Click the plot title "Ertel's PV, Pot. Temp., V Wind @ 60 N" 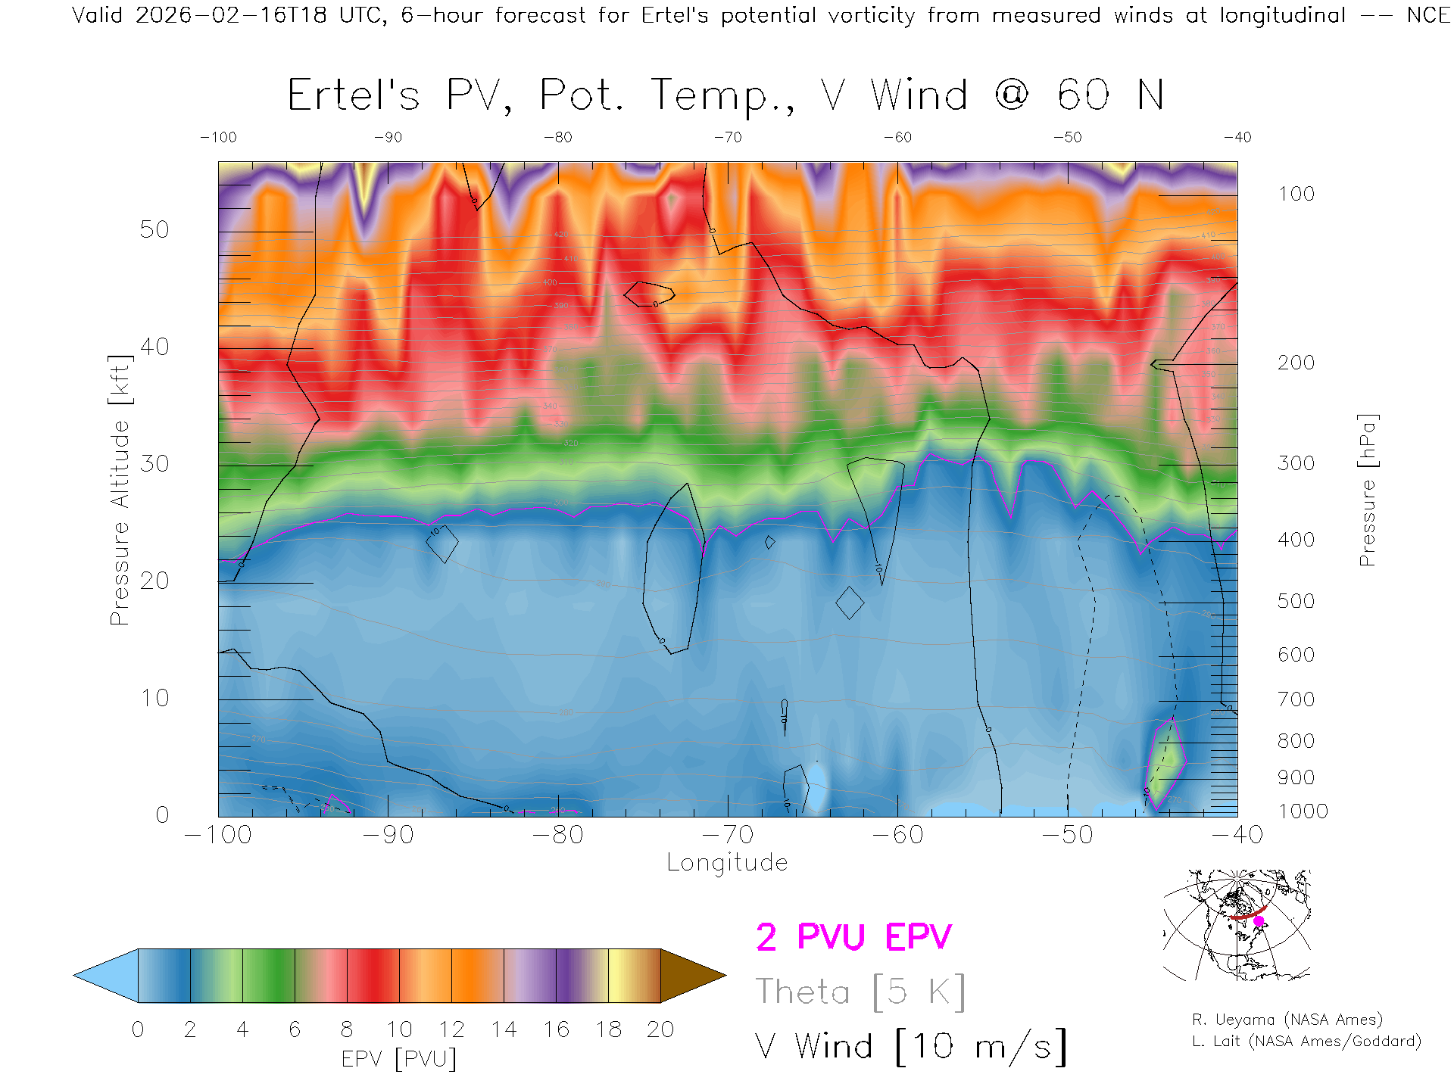click(x=725, y=96)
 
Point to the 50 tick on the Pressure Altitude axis click(x=154, y=229)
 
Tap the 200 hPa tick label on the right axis click(x=1296, y=363)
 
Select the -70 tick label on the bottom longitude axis click(x=727, y=835)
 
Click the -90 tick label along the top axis click(x=388, y=137)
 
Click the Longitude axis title click(x=727, y=863)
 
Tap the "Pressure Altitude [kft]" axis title click(x=120, y=490)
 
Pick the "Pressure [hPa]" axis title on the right click(x=1367, y=490)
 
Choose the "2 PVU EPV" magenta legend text click(x=853, y=937)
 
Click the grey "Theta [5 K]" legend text click(x=860, y=992)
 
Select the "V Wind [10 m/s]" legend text click(x=910, y=1047)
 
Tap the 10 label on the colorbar click(x=399, y=1029)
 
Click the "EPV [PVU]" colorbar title click(x=399, y=1059)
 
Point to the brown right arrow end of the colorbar click(x=691, y=976)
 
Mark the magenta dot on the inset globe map click(x=1259, y=921)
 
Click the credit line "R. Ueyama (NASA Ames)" click(x=1287, y=1020)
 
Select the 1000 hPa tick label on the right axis click(x=1303, y=811)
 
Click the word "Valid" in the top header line click(x=97, y=15)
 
